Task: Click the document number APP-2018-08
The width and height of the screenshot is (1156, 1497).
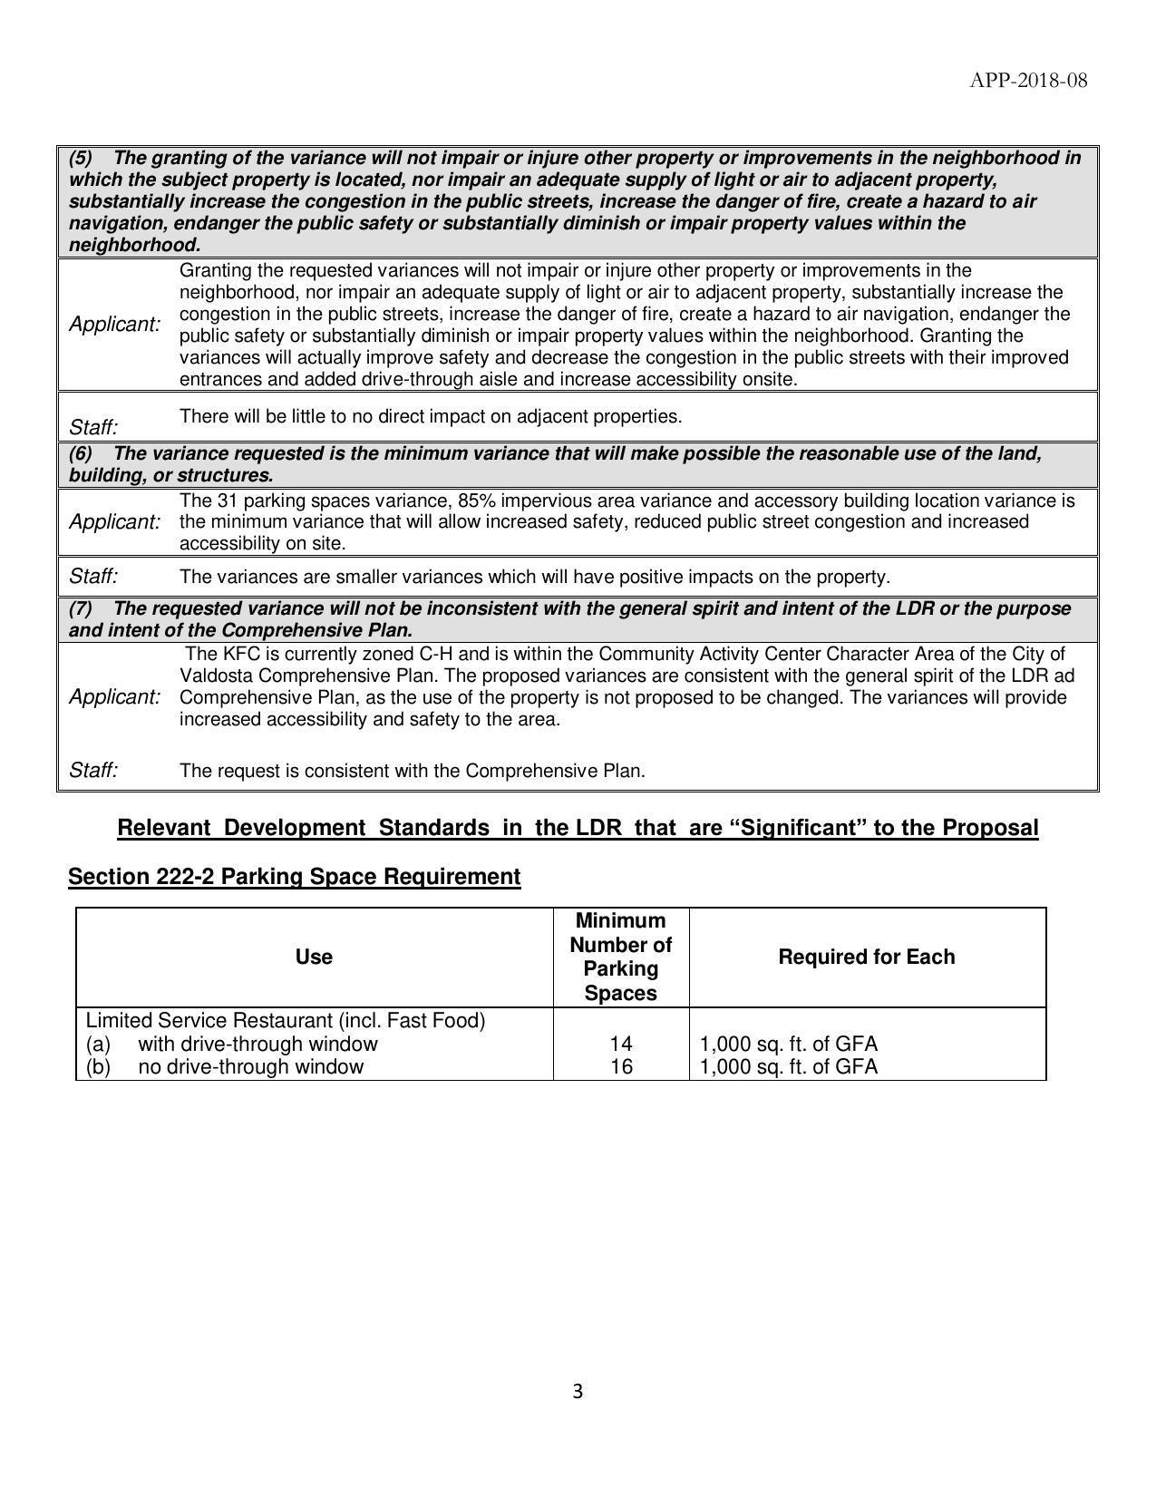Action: click(1028, 81)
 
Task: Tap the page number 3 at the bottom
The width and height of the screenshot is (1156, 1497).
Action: click(578, 1392)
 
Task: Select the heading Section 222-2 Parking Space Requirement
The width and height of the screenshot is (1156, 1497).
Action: click(294, 877)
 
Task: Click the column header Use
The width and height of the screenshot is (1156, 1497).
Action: click(314, 957)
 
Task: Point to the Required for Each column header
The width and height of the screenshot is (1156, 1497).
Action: click(866, 957)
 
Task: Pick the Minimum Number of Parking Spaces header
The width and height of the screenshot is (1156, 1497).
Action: click(621, 957)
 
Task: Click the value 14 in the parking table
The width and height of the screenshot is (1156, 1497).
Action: click(621, 1044)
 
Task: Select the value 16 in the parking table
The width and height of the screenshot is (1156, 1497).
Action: click(621, 1066)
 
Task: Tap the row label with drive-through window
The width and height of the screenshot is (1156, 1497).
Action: click(257, 1044)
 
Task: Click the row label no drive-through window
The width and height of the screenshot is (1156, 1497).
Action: click(250, 1066)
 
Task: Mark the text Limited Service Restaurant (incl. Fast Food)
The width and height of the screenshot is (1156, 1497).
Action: click(286, 1021)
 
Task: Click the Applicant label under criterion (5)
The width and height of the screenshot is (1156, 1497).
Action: click(115, 325)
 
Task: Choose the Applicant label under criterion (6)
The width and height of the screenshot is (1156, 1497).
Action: click(115, 522)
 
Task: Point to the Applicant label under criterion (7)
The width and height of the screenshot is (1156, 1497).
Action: click(115, 697)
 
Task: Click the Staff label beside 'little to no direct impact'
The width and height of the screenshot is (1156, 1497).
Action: click(93, 427)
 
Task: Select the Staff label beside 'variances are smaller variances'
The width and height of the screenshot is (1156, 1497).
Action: click(93, 577)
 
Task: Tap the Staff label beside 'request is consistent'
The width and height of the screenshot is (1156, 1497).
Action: click(93, 771)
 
